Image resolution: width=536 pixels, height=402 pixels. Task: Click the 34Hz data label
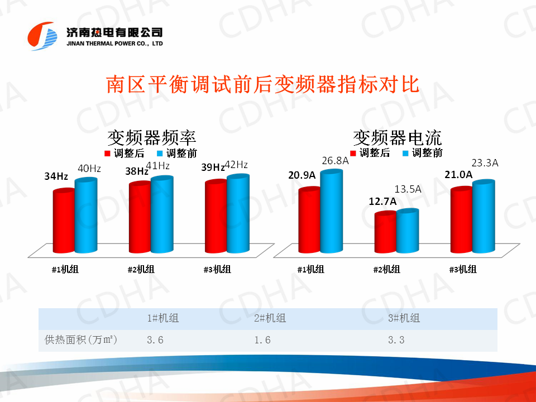coord(56,176)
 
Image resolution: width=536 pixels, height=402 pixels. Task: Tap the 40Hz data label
coord(89,169)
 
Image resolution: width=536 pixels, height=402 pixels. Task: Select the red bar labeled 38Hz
coord(140,218)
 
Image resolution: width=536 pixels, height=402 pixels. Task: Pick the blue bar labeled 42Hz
coord(237,215)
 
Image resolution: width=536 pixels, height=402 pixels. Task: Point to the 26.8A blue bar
coord(331,212)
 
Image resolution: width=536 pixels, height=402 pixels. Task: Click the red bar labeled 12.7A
coord(385,233)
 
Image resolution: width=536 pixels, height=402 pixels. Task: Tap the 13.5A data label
coord(408,189)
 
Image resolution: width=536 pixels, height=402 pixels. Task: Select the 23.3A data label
coord(485,163)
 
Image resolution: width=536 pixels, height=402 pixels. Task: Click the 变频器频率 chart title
coord(151,137)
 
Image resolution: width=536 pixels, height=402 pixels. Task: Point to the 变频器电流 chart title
coord(397,137)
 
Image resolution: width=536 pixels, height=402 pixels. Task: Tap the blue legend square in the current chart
coord(405,153)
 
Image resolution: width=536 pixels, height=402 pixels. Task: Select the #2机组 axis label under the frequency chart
coord(141,270)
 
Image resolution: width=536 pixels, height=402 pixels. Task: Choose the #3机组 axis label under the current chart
coord(463,269)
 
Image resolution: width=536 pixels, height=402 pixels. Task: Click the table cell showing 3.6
coord(155,339)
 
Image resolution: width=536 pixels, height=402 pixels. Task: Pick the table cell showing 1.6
coord(262,339)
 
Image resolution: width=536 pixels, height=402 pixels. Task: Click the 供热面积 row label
coord(81,339)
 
